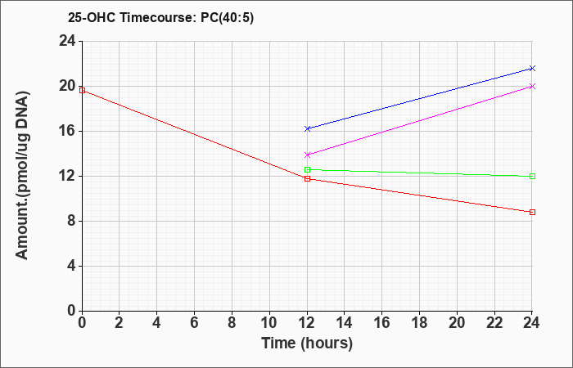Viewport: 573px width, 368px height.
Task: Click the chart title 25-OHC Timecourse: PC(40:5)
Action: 160,17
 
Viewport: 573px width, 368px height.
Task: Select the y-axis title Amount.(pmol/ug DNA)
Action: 22,175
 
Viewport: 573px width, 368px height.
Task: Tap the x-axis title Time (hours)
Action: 307,343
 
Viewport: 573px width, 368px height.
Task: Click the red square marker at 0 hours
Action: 82,90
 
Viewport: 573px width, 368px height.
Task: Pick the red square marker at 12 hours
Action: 307,178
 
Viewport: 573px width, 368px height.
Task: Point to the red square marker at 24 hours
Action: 532,212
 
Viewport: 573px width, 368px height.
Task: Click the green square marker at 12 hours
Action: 307,169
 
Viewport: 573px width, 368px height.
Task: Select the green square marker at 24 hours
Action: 532,177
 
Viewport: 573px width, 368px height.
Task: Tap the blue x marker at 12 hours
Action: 307,128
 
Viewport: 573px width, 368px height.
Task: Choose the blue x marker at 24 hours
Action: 532,68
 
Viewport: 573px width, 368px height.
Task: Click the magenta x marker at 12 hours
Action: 307,155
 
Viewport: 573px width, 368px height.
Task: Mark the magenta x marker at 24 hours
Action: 532,86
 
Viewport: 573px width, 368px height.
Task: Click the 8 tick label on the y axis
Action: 72,222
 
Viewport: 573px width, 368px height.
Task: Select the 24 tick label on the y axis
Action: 68,41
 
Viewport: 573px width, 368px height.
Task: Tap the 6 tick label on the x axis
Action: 195,323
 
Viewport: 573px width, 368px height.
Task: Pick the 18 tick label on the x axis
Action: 419,323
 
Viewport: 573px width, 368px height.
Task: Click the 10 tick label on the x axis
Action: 269,323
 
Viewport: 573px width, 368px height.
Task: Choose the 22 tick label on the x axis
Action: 494,323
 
